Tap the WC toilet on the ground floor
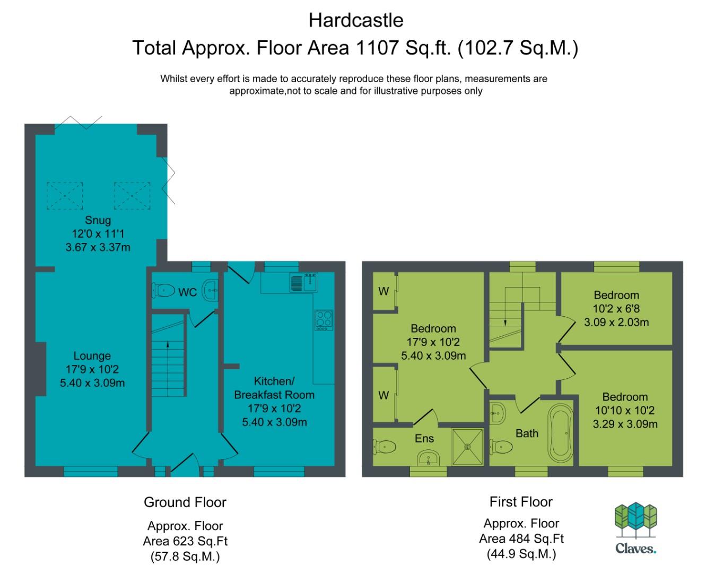pyautogui.click(x=163, y=291)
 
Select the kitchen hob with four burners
pyautogui.click(x=324, y=320)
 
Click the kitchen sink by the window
pyautogui.click(x=304, y=282)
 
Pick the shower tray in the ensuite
pyautogui.click(x=467, y=447)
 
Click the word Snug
pyautogui.click(x=98, y=220)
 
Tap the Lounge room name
pyautogui.click(x=92, y=355)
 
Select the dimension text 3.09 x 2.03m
pyautogui.click(x=616, y=322)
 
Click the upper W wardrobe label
pyautogui.click(x=383, y=291)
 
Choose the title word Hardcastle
pyautogui.click(x=356, y=20)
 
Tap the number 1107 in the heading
pyautogui.click(x=377, y=47)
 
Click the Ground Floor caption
pyautogui.click(x=185, y=502)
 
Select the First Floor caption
pyautogui.click(x=521, y=502)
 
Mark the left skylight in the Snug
pyautogui.click(x=65, y=196)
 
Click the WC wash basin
pyautogui.click(x=211, y=290)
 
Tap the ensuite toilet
pyautogui.click(x=385, y=447)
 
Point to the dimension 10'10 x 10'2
pyautogui.click(x=625, y=411)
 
